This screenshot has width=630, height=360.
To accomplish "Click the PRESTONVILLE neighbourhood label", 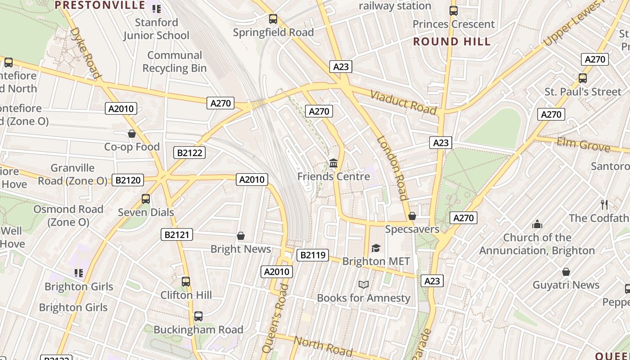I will click(x=100, y=5).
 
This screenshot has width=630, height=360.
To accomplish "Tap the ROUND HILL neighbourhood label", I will click(x=451, y=42).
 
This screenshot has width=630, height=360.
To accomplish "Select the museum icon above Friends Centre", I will click(x=333, y=163).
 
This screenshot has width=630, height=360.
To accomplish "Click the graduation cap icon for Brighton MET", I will click(x=376, y=248).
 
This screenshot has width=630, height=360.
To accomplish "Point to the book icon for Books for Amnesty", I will click(x=364, y=284).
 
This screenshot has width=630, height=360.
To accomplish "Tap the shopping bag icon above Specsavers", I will click(x=412, y=216).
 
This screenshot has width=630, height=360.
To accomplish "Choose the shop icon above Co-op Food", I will click(x=132, y=134).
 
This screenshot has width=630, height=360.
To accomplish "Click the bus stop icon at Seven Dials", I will click(x=145, y=198).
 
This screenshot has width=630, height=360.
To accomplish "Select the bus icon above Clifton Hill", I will click(x=186, y=282).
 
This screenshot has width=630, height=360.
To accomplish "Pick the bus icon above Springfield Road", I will click(x=273, y=19).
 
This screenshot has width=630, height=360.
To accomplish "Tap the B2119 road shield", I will click(x=313, y=255).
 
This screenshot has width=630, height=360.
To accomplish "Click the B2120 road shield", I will click(x=128, y=180).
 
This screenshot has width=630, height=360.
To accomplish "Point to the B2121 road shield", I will click(x=177, y=234).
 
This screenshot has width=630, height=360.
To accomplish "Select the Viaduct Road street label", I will click(x=403, y=102).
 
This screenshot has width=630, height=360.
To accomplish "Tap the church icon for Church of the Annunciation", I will click(x=537, y=224).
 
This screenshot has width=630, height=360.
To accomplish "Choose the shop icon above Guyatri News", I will click(x=566, y=272).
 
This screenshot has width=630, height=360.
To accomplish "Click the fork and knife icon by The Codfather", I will click(x=604, y=205).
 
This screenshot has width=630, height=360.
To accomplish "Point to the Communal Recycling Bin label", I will click(x=175, y=62).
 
